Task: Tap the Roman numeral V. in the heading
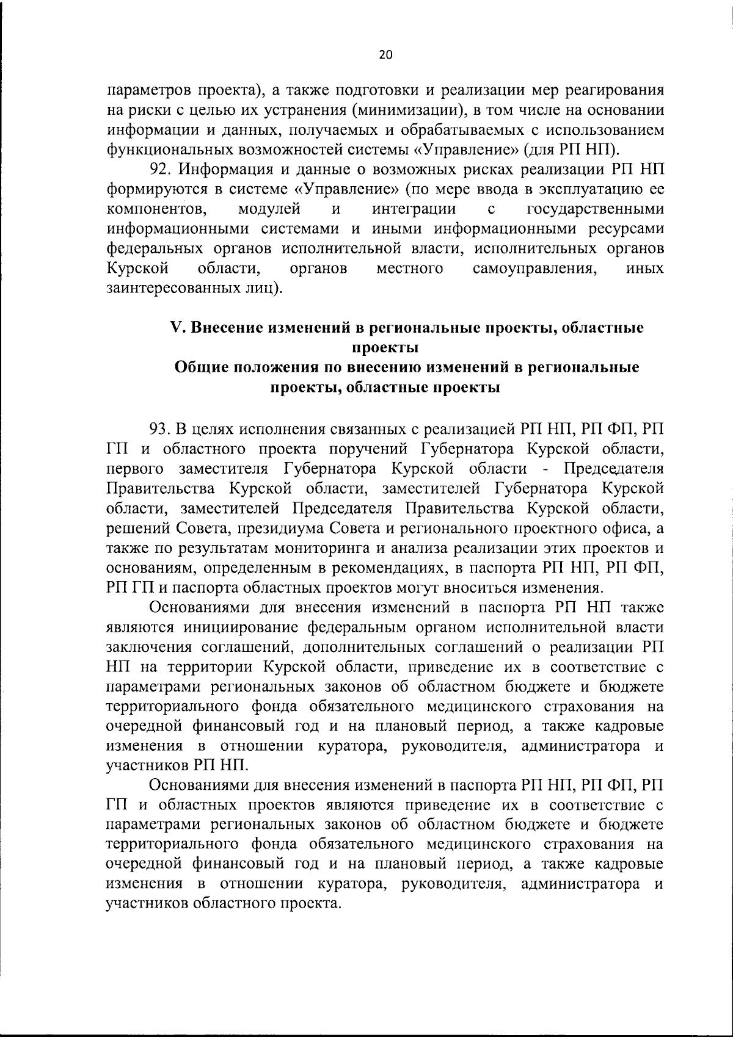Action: pyautogui.click(x=177, y=328)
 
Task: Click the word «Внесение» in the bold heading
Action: pyautogui.click(x=228, y=328)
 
